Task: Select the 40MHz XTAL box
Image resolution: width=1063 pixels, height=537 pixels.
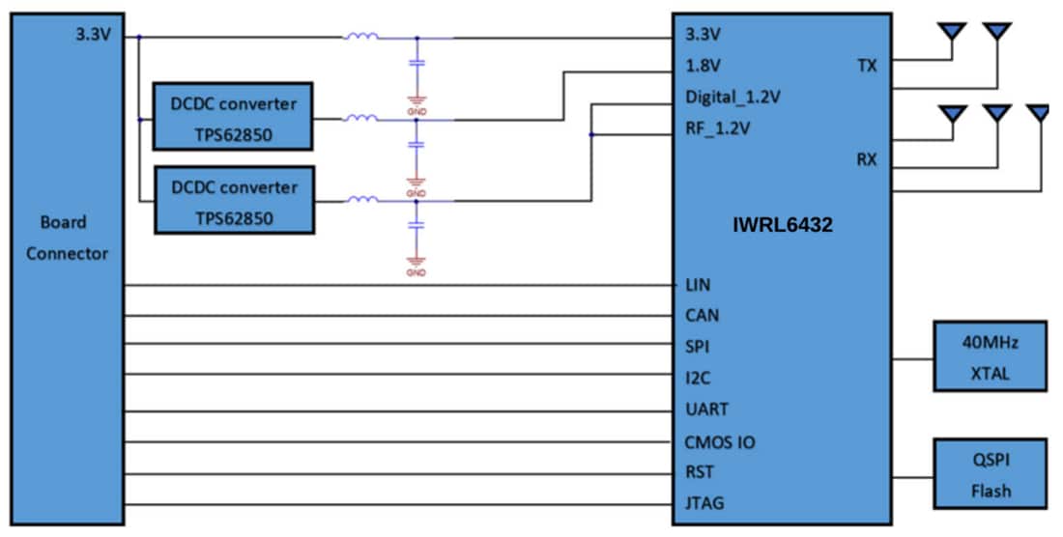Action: (x=989, y=356)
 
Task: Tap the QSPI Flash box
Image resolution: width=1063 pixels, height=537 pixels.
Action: (x=989, y=474)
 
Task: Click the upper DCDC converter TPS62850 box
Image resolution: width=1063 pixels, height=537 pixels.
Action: (x=234, y=116)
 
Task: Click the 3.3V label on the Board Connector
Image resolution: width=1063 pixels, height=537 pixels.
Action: (x=93, y=35)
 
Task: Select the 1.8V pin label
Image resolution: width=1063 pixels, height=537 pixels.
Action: (x=704, y=66)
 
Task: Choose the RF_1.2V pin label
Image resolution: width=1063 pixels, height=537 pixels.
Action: (x=717, y=127)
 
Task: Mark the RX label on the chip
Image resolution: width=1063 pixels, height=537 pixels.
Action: (x=866, y=159)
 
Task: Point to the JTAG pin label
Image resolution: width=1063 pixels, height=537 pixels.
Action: (x=704, y=503)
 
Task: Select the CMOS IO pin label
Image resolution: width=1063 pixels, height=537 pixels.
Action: (x=720, y=442)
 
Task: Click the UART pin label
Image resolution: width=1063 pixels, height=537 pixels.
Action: (x=706, y=410)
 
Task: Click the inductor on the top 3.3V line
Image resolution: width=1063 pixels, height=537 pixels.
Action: (x=361, y=37)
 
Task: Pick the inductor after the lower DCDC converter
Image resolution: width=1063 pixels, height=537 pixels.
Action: (x=361, y=200)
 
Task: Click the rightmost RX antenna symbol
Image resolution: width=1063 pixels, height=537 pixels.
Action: (x=1040, y=114)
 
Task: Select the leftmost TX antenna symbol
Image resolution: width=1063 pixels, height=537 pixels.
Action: (x=952, y=33)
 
